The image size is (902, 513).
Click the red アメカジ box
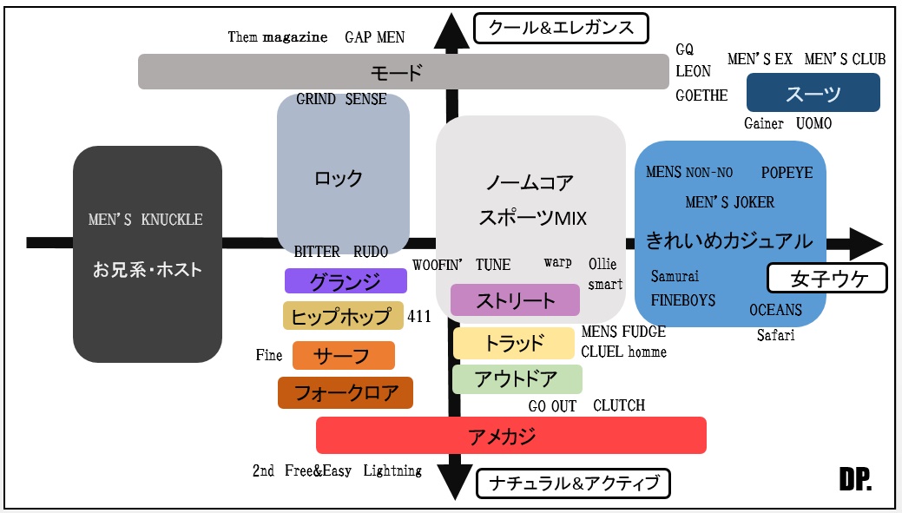(510, 435)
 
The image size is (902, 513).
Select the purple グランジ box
(346, 281)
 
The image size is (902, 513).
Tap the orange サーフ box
(343, 356)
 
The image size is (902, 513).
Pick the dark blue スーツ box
(813, 93)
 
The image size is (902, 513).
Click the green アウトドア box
(517, 379)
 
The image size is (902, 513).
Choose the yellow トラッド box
(513, 343)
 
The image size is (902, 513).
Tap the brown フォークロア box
(345, 392)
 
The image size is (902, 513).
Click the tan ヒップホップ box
(343, 316)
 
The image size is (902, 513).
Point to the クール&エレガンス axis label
(561, 27)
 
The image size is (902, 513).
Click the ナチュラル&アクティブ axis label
(574, 483)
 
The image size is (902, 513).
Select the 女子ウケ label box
(826, 279)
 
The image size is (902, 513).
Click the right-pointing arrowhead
(864, 243)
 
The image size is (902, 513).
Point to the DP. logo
(854, 479)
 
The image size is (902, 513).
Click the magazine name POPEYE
(787, 173)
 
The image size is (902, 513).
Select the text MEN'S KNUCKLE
(145, 220)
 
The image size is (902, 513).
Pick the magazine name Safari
(775, 335)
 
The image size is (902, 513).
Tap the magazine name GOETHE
(701, 95)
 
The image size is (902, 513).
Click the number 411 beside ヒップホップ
(418, 317)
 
